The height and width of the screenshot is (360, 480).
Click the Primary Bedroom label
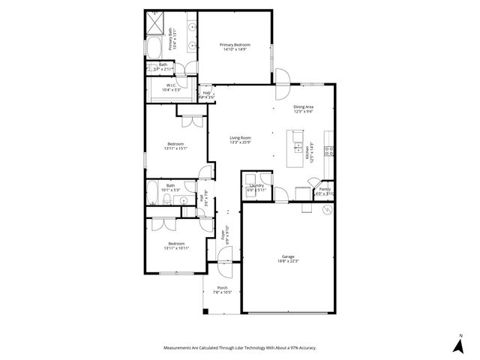[235, 46]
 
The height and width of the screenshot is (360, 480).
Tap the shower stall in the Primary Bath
[155, 24]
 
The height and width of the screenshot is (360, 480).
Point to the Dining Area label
[303, 107]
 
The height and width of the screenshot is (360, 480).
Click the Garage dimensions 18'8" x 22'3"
[288, 261]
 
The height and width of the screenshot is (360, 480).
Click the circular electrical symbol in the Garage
[326, 211]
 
